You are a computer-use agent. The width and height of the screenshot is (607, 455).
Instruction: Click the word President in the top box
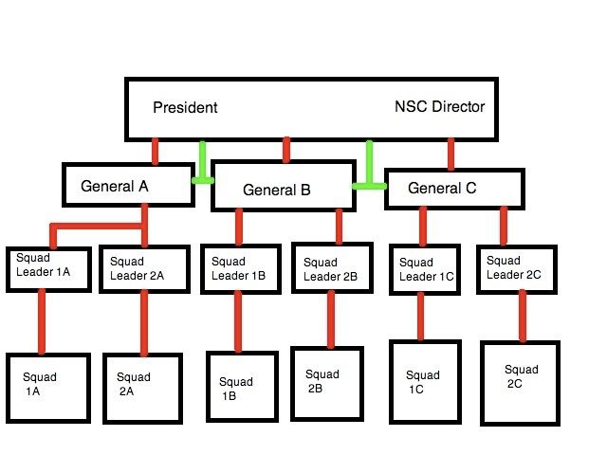click(185, 107)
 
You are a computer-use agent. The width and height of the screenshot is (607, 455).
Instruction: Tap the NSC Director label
click(439, 106)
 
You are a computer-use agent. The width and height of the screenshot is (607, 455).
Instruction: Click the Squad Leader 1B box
click(238, 268)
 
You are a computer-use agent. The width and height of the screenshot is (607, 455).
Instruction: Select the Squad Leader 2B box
click(330, 269)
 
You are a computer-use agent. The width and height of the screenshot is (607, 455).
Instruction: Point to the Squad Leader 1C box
click(426, 268)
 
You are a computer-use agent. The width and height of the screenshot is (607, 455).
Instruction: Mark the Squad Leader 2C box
click(517, 267)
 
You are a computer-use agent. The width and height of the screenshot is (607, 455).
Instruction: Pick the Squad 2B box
click(327, 382)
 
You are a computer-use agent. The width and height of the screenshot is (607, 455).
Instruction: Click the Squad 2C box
click(522, 382)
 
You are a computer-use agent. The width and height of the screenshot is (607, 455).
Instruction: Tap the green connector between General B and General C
click(369, 168)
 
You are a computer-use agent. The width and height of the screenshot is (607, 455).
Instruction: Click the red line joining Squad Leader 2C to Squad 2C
click(522, 316)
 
